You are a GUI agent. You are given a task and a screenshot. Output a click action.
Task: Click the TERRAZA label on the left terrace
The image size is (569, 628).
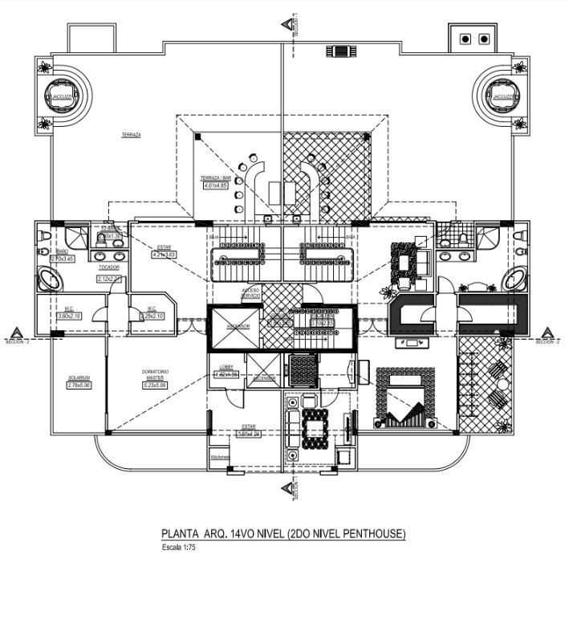131,135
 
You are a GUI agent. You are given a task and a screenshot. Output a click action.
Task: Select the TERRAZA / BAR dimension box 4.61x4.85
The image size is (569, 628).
215,186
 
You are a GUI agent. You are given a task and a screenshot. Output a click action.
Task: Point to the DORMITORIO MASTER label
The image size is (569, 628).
153,374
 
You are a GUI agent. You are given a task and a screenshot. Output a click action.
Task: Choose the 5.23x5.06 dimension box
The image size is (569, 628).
154,385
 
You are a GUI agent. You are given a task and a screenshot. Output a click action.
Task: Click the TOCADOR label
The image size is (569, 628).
108,267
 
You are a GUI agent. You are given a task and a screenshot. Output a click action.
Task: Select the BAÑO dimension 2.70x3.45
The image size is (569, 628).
62,259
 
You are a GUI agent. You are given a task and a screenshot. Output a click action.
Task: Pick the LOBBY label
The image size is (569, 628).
226,367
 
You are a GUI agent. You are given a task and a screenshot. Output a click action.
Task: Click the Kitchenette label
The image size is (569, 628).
220,457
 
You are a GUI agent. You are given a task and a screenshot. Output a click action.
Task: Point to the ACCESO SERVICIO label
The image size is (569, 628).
250,294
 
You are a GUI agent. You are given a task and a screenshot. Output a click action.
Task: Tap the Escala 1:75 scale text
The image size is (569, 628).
179,548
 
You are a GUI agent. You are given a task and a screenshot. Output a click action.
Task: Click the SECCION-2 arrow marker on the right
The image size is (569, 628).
549,334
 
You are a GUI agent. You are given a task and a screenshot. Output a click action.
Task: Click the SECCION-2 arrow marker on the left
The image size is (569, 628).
16,334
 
